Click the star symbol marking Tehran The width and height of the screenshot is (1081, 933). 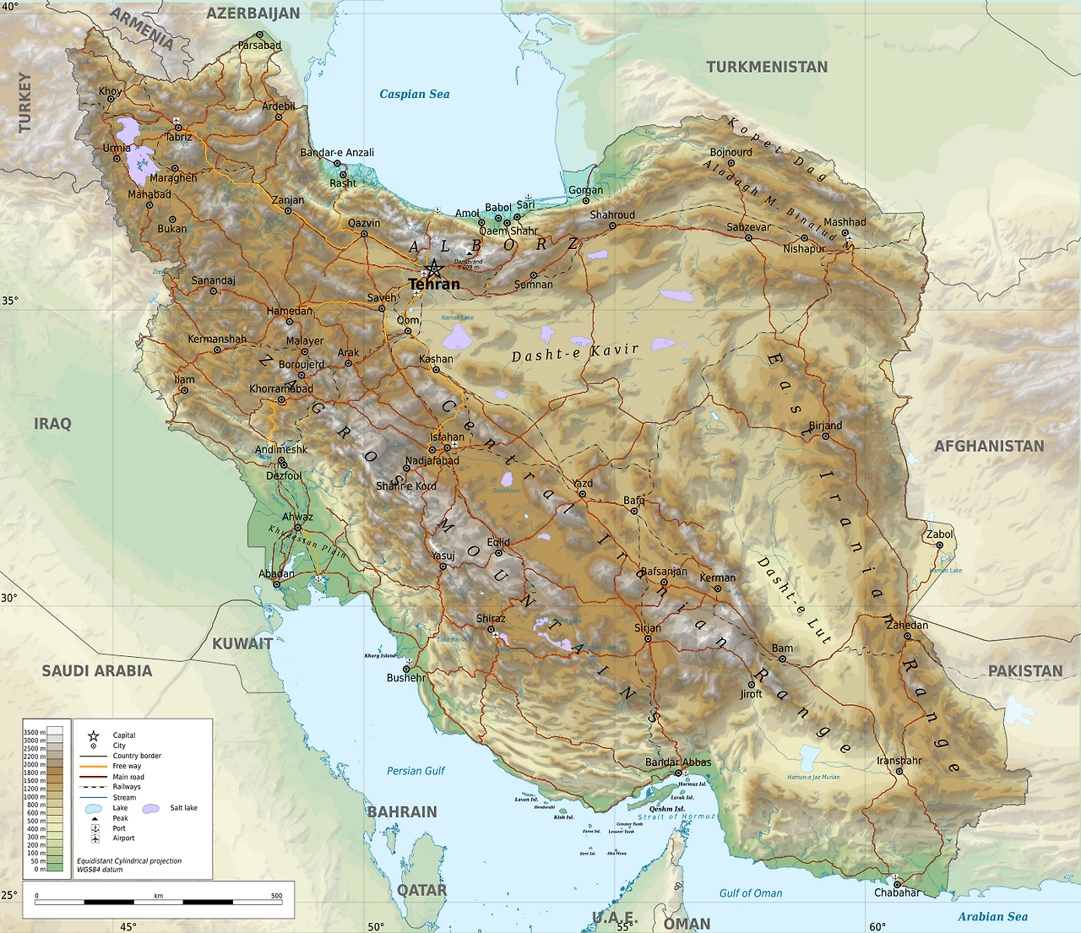(x=433, y=269)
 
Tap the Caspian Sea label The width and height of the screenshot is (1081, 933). (x=414, y=94)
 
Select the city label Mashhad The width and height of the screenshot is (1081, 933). (x=845, y=222)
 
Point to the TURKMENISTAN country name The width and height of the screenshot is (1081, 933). (x=767, y=67)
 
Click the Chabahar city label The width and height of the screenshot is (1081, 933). (x=897, y=892)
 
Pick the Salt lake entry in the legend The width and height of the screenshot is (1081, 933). (x=183, y=808)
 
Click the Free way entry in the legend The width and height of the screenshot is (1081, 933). (x=127, y=766)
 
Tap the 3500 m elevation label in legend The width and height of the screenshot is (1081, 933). (x=35, y=732)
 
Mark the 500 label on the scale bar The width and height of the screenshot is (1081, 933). (x=276, y=896)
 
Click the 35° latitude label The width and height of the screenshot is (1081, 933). (x=9, y=300)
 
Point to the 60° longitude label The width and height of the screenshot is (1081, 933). (x=877, y=926)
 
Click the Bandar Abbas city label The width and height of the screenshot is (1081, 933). (x=678, y=762)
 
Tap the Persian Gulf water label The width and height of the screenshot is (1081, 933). (x=416, y=771)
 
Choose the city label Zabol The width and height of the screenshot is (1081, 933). (x=939, y=534)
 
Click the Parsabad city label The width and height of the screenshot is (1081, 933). (x=259, y=45)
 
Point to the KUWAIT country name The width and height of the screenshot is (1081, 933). (x=242, y=643)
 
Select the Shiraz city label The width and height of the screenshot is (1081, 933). (x=491, y=618)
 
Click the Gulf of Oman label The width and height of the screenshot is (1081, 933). (x=750, y=892)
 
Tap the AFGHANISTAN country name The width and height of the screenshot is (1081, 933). (x=988, y=446)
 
